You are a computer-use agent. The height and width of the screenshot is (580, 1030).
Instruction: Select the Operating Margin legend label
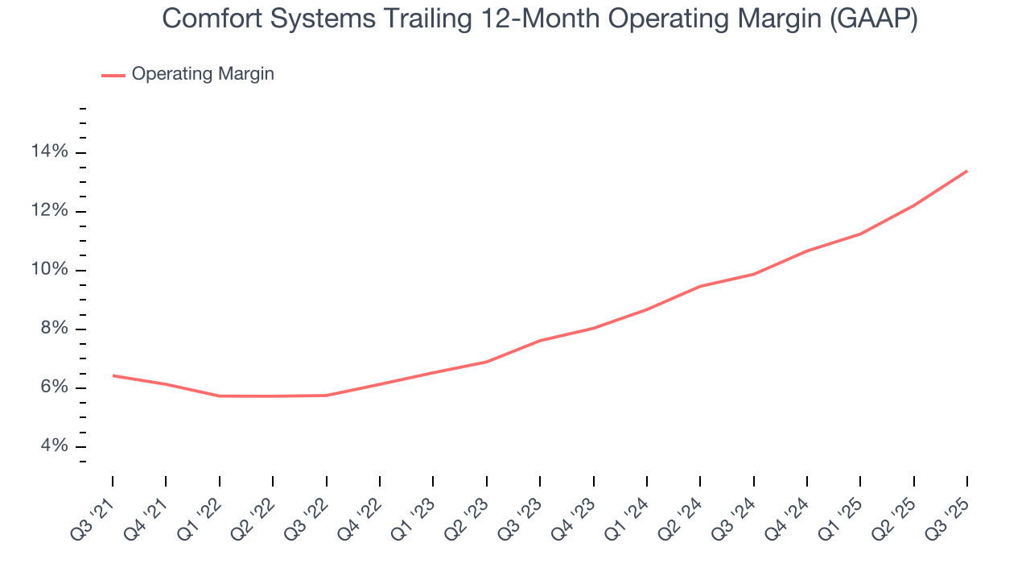tap(203, 74)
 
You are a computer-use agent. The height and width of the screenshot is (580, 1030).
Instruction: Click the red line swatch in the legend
tap(113, 75)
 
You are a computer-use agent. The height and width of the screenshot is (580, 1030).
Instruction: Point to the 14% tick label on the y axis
tap(50, 152)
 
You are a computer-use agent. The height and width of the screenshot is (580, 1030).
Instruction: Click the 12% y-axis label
tap(50, 211)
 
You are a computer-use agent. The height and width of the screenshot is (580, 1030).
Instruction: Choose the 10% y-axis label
tap(50, 270)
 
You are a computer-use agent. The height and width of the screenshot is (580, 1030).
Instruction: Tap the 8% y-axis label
tap(54, 329)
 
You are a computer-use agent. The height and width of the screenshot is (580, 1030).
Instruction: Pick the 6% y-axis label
tap(54, 387)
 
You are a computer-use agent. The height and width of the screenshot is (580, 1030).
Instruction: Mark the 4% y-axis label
tap(54, 446)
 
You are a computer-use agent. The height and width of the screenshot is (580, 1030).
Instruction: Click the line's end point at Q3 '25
tap(966, 171)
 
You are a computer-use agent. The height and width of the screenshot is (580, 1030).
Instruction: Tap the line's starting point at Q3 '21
tap(113, 375)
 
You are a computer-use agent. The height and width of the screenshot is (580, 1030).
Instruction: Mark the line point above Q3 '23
tap(540, 341)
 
